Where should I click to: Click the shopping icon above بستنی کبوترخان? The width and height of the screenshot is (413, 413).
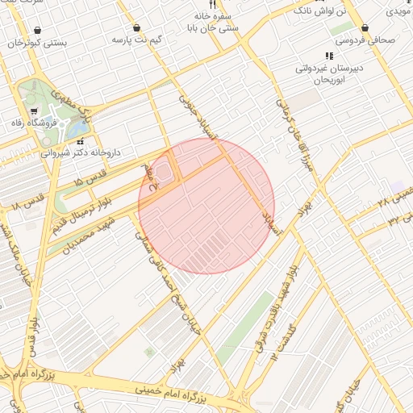tap(38, 30)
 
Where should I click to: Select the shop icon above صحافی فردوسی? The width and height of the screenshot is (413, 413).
tap(365, 27)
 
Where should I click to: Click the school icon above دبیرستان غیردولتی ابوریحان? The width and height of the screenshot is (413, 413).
tap(328, 56)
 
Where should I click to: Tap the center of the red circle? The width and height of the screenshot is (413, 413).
tap(206, 206)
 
